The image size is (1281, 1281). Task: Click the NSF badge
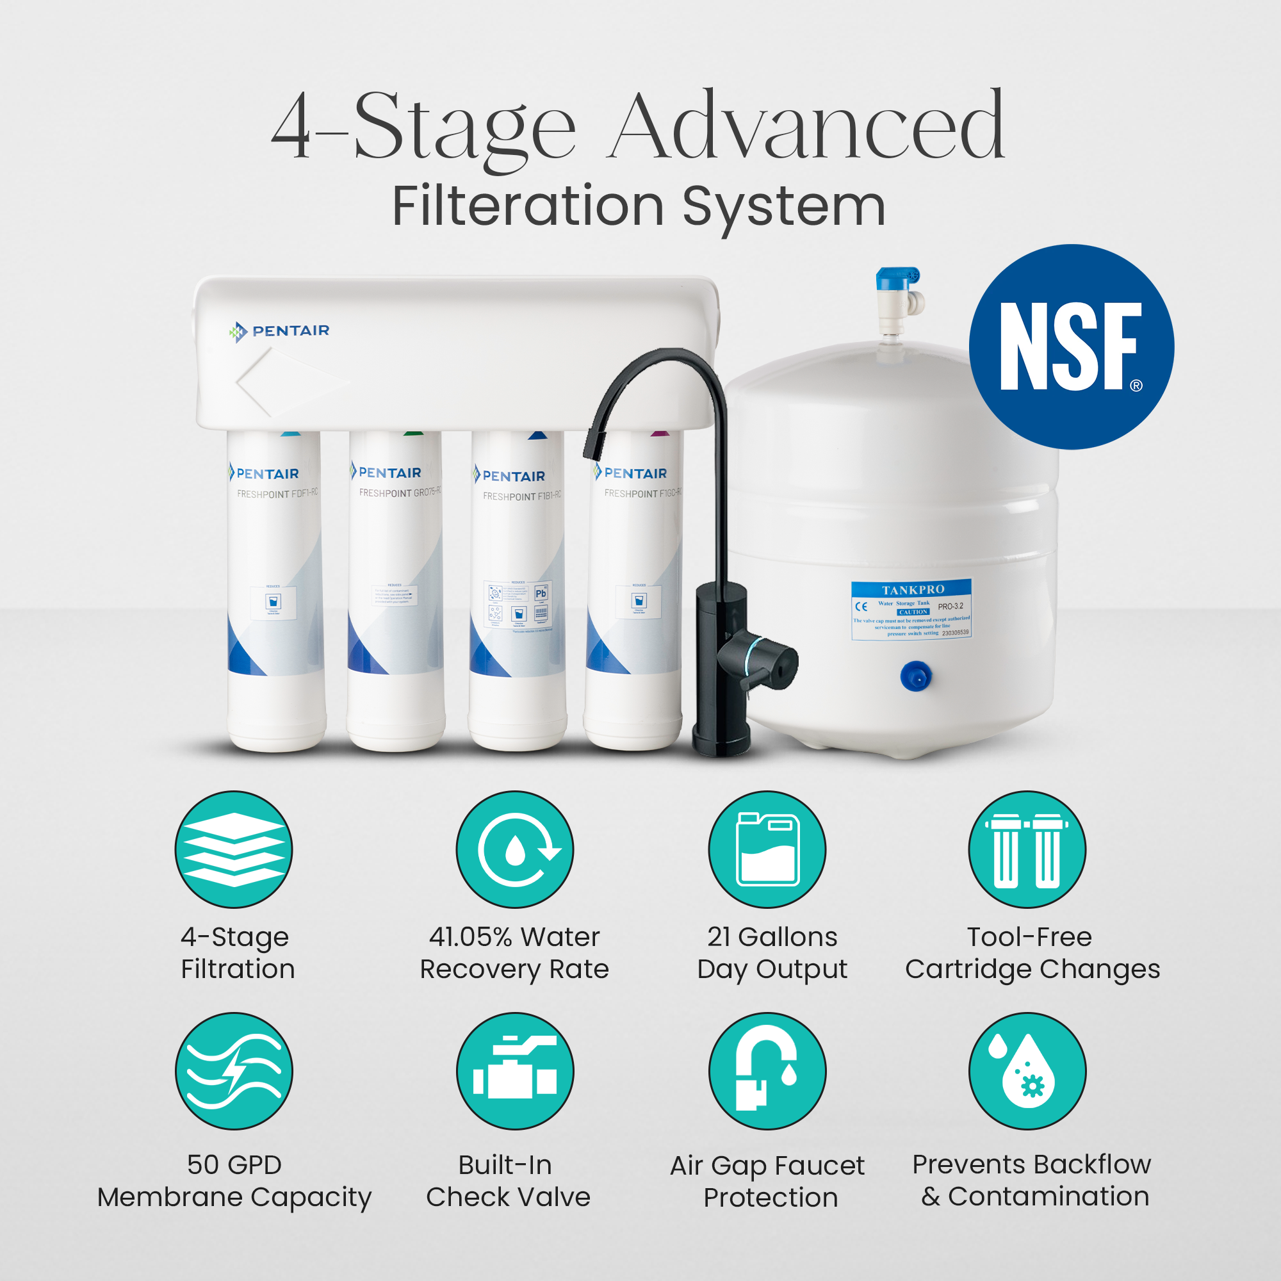click(x=1071, y=347)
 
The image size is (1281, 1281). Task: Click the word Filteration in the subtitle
click(x=527, y=206)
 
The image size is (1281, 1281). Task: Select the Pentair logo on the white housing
click(x=279, y=330)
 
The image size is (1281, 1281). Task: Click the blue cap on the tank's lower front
click(x=916, y=676)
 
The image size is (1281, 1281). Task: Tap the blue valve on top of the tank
click(x=898, y=291)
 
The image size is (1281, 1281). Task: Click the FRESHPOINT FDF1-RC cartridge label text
click(x=277, y=493)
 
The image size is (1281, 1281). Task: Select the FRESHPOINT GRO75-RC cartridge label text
click(x=399, y=492)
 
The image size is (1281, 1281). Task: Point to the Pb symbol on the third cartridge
click(x=541, y=592)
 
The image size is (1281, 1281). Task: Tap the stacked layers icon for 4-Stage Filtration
click(x=233, y=849)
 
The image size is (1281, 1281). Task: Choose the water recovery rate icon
click(x=514, y=849)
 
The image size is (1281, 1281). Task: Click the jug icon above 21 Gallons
click(x=767, y=849)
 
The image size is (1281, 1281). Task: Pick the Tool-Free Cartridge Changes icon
click(x=1027, y=849)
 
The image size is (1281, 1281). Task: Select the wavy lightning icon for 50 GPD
click(x=233, y=1071)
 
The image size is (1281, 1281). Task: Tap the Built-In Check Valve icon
click(x=514, y=1071)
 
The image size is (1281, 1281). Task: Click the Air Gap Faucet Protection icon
click(x=767, y=1071)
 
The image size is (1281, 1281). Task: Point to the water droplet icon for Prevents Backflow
click(x=1027, y=1071)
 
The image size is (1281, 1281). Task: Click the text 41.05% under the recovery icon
click(x=470, y=937)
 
